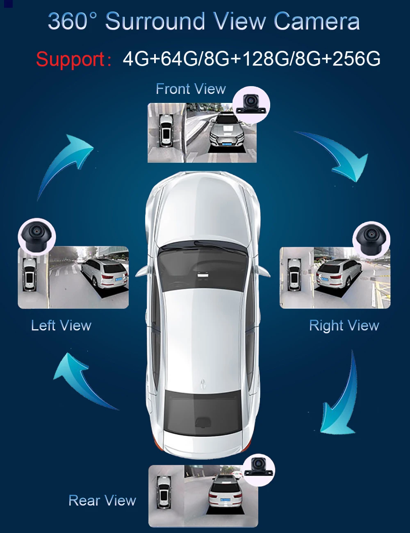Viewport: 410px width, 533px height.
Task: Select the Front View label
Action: pyautogui.click(x=191, y=89)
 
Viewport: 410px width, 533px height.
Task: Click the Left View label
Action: pyautogui.click(x=61, y=326)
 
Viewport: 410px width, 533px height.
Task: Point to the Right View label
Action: pyautogui.click(x=344, y=326)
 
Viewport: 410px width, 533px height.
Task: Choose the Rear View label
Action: pyautogui.click(x=102, y=501)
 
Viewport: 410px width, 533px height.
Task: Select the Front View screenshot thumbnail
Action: pyautogui.click(x=202, y=133)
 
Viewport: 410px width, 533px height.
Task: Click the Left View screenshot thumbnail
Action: pyautogui.click(x=73, y=278)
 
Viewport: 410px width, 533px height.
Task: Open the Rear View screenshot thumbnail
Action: pyautogui.click(x=203, y=496)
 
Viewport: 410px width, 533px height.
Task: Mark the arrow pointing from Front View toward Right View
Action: pyautogui.click(x=336, y=154)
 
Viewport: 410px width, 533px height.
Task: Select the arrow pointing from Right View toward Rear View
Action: pyautogui.click(x=340, y=398)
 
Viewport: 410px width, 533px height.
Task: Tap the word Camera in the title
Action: pyautogui.click(x=317, y=21)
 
